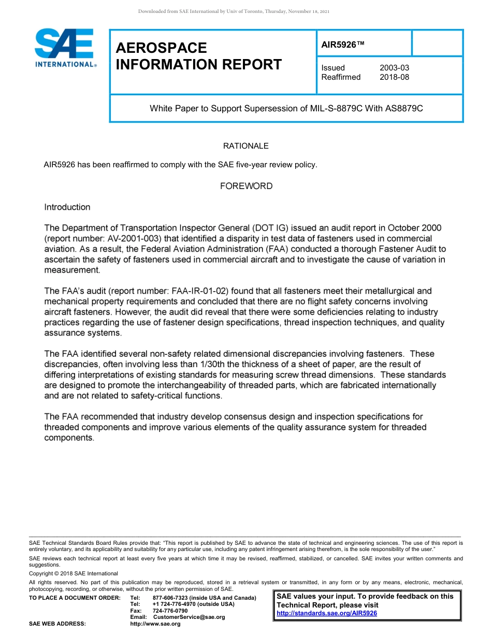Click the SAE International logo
tap(65, 48)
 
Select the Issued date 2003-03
tap(394, 68)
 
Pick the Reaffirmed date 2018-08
tap(394, 77)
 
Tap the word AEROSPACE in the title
tap(161, 48)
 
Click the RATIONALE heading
tap(245, 146)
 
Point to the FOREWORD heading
tap(246, 186)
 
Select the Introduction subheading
tap(67, 207)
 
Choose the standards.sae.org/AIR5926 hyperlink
tap(327, 613)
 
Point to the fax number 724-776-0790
tap(170, 611)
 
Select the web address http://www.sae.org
tap(155, 624)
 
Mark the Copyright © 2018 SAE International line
tap(74, 573)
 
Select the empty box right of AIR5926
tap(437, 43)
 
